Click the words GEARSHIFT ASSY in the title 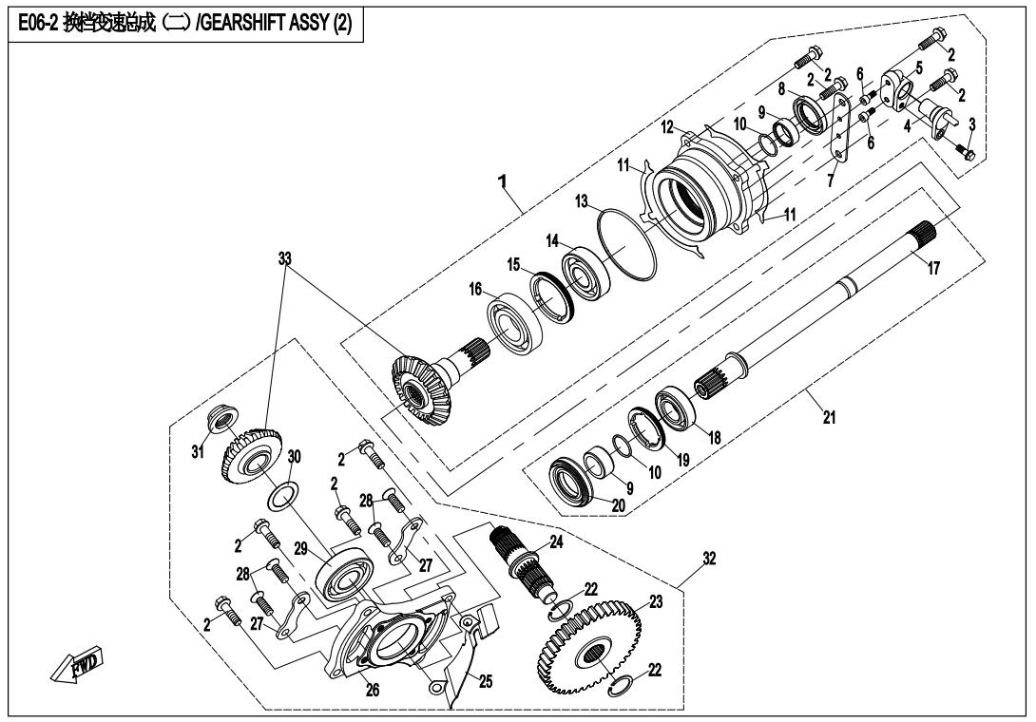click(x=265, y=25)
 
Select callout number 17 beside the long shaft click(x=933, y=268)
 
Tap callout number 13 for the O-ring click(x=582, y=200)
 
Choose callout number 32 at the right click(x=709, y=559)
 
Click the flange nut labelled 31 click(x=220, y=419)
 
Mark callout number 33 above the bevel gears click(x=284, y=258)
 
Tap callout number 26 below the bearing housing click(x=373, y=691)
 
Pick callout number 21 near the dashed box click(x=829, y=417)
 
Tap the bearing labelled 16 click(x=516, y=320)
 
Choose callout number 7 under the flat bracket click(x=831, y=180)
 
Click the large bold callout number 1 click(x=503, y=180)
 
